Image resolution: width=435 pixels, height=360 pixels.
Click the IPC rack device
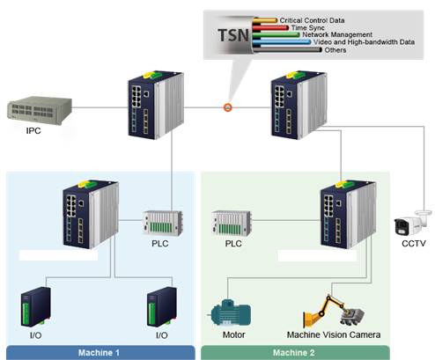tap(40, 111)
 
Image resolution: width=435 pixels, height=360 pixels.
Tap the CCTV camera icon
tap(413, 224)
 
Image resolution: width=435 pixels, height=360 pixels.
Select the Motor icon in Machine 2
tap(232, 312)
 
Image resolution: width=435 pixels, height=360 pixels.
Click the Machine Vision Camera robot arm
tap(334, 312)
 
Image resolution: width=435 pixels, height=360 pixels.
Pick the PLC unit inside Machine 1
tap(162, 223)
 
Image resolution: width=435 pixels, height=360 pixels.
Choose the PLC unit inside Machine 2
tap(232, 223)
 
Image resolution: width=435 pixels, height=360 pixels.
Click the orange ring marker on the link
tap(228, 107)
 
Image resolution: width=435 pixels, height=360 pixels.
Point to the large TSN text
tap(233, 35)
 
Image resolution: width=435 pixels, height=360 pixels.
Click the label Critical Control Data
tap(312, 20)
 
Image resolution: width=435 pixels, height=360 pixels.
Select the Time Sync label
tap(307, 28)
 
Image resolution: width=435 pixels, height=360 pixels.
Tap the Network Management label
tap(337, 34)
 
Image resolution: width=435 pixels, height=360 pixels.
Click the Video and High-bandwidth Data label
tap(364, 42)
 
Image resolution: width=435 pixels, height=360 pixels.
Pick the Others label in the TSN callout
tap(335, 50)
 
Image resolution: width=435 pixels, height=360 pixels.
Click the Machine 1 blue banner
tap(100, 352)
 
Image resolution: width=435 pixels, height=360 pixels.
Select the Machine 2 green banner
tap(295, 352)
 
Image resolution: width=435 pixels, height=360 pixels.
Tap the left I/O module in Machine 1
tap(36, 307)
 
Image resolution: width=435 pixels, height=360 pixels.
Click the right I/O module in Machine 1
tap(162, 307)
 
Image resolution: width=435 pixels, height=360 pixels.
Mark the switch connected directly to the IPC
tap(156, 105)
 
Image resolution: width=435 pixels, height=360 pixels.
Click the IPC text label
tap(33, 131)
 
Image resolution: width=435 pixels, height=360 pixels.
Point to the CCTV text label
tap(414, 244)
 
